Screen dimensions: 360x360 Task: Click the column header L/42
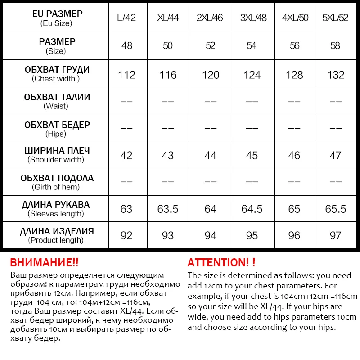126,18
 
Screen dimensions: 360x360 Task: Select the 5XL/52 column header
336,18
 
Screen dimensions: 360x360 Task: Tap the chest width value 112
126,75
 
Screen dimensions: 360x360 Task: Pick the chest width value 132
336,75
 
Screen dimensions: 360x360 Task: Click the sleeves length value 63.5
168,209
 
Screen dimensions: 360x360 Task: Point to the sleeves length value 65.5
336,209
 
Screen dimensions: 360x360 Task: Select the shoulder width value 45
252,156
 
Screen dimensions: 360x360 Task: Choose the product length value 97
336,236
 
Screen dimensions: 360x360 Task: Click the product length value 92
126,236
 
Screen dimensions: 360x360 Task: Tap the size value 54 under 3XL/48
252,46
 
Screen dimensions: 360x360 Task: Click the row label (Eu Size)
56,23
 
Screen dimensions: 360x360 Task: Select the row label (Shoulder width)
56,160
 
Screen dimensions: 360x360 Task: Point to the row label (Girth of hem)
56,187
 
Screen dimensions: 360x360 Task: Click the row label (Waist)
56,106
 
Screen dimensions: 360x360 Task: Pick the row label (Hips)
56,134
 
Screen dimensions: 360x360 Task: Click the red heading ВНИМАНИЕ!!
44,263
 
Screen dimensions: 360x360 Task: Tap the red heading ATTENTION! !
221,263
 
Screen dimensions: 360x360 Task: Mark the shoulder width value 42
126,156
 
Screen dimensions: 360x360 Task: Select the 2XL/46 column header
210,18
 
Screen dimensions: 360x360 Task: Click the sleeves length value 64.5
252,209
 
